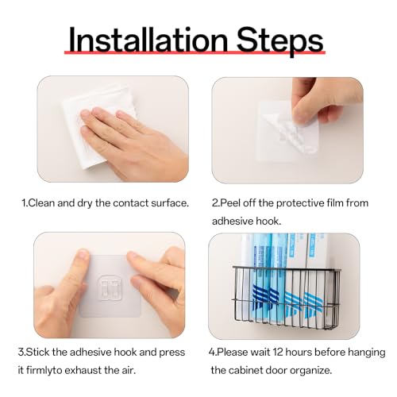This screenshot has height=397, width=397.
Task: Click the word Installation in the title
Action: point(148,40)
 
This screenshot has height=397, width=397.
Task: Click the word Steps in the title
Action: point(279,42)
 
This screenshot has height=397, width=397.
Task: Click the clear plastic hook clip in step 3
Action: point(110,288)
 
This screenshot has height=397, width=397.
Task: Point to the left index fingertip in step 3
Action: point(83,255)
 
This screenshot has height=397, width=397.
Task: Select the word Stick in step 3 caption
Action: point(38,353)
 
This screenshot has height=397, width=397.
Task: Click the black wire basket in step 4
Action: point(286,298)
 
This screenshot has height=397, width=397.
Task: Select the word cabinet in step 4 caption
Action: point(245,370)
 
